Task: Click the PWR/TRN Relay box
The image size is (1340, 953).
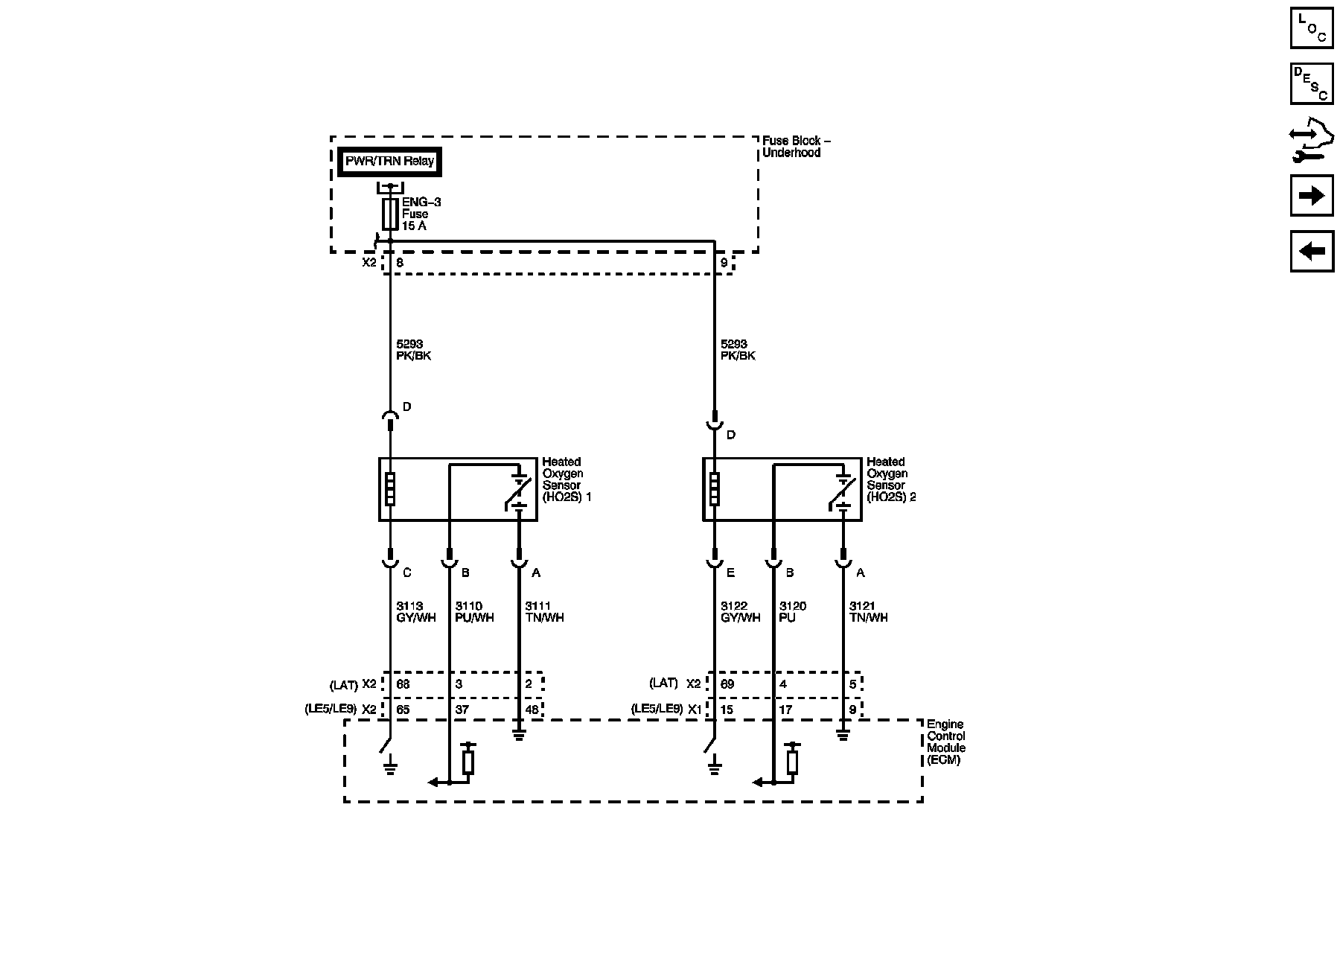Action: pos(390,162)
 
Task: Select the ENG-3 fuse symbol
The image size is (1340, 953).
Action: pos(389,214)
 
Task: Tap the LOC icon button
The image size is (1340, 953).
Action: pos(1311,28)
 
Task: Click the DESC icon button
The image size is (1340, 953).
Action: pos(1311,83)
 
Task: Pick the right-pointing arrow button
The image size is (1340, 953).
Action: pos(1311,196)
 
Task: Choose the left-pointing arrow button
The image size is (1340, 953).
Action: pos(1311,251)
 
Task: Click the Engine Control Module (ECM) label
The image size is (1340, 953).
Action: pos(945,742)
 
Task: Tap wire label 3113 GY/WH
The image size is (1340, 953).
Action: pos(415,612)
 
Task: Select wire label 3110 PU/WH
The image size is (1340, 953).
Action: pos(474,612)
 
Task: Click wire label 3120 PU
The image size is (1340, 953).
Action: pos(792,612)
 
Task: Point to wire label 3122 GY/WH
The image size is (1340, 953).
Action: pos(740,612)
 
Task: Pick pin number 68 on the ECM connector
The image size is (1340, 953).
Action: pos(403,684)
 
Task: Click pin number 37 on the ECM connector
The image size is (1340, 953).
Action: pos(462,710)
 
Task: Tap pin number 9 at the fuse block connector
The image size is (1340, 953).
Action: pos(724,263)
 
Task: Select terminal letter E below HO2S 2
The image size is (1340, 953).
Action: pos(730,573)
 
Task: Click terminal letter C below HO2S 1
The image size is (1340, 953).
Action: pos(406,573)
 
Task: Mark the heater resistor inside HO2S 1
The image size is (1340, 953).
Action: pos(389,489)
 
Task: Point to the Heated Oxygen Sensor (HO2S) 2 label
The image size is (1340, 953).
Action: pos(890,479)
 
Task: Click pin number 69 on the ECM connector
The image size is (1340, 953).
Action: pos(727,684)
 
